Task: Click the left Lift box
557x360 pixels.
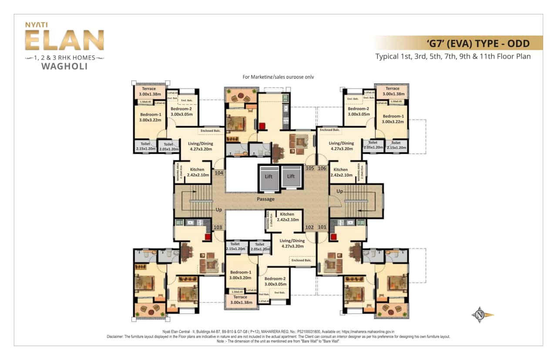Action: click(x=268, y=177)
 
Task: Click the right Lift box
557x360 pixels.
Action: click(x=291, y=177)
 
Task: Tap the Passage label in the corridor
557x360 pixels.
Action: click(x=265, y=199)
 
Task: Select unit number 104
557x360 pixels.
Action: click(x=219, y=173)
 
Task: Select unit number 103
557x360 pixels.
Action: click(x=218, y=227)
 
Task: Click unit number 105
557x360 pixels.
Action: click(x=310, y=168)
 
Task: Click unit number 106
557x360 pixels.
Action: click(x=322, y=168)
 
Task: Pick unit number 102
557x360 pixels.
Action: click(x=309, y=227)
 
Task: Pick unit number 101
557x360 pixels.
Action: click(x=322, y=227)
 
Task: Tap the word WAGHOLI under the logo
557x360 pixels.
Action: click(x=64, y=67)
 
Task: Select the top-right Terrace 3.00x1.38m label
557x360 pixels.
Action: click(x=393, y=91)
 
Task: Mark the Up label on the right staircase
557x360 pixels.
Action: click(x=339, y=191)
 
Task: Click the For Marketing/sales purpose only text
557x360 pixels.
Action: click(x=278, y=77)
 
